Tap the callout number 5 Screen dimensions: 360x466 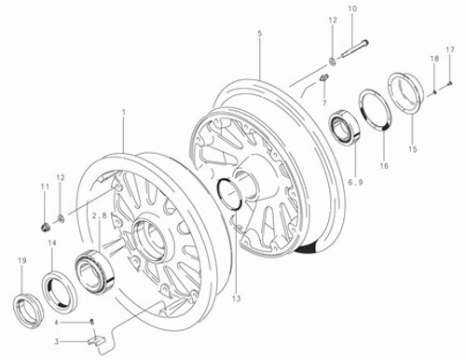[x=258, y=34]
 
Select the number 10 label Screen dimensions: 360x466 [x=351, y=9]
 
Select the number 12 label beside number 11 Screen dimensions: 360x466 [x=60, y=178]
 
